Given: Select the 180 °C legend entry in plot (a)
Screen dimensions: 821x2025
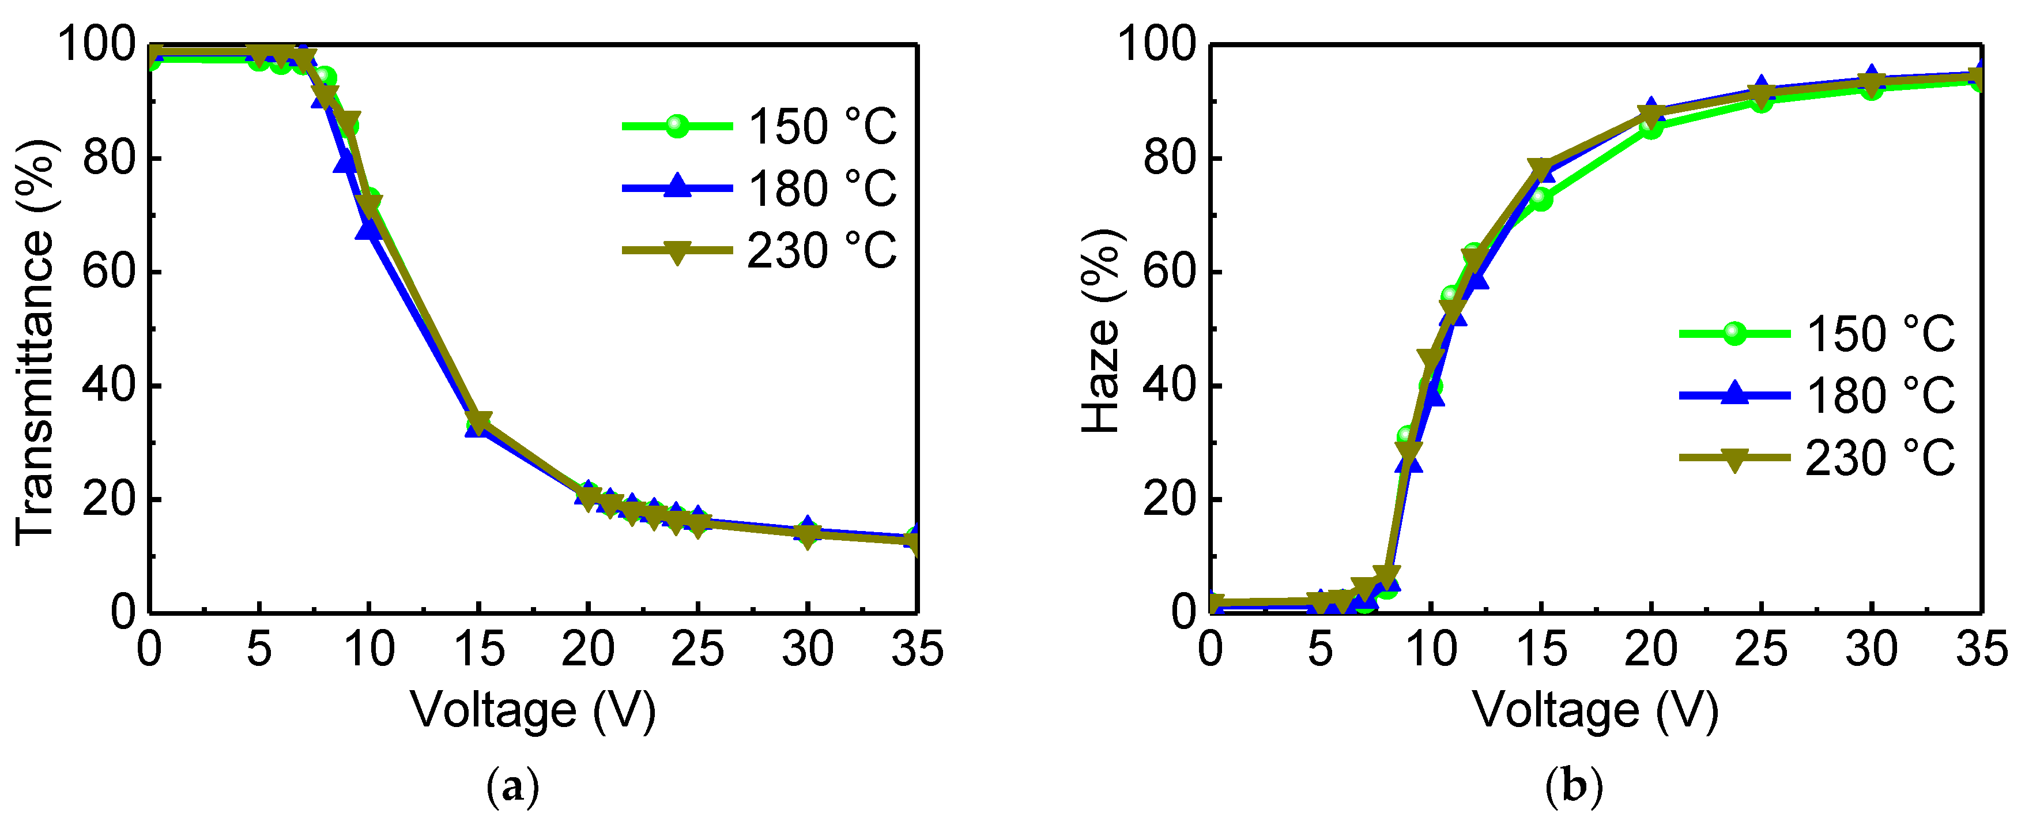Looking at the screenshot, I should [x=759, y=189].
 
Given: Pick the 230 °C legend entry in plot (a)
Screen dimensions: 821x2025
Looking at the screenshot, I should [x=759, y=251].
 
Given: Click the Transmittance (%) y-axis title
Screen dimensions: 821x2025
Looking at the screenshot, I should [x=35, y=342].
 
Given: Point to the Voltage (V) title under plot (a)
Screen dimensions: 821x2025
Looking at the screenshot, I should [x=533, y=710].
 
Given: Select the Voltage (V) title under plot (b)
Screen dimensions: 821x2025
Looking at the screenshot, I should [x=1595, y=710].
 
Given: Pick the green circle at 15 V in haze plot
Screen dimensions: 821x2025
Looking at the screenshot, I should [x=1541, y=199].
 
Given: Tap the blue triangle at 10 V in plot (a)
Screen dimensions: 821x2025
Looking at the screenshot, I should [x=368, y=229].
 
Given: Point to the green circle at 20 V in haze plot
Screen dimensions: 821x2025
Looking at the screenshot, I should [x=1651, y=127].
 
